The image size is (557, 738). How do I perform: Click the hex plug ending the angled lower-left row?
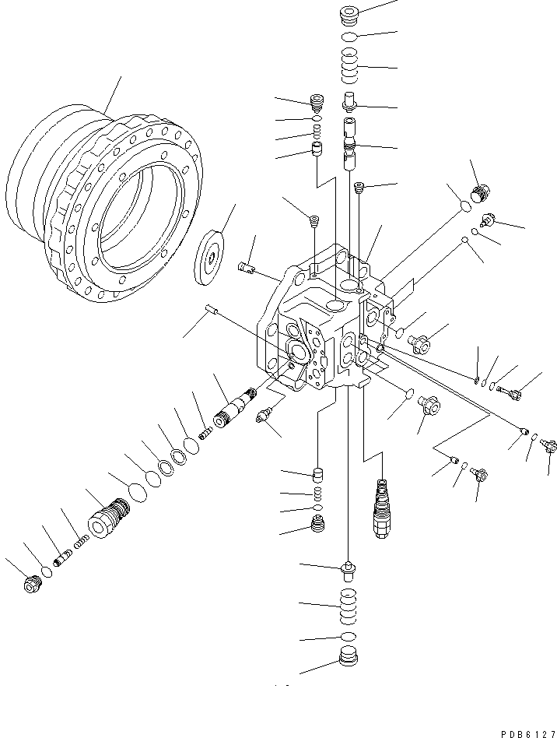tap(32, 585)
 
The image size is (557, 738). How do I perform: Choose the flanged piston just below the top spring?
tap(350, 101)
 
